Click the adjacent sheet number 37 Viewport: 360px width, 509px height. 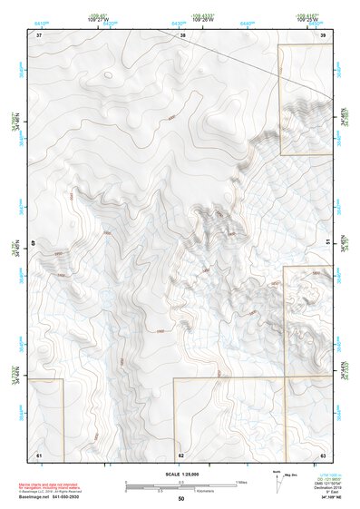(x=39, y=34)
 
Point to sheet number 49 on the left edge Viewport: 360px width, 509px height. (x=34, y=242)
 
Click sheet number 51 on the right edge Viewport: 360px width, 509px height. (x=327, y=242)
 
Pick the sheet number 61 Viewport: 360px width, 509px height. (x=39, y=454)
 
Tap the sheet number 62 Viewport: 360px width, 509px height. (x=181, y=454)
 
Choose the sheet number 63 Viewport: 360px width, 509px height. (x=323, y=454)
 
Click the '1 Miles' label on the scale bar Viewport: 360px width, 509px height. (x=242, y=481)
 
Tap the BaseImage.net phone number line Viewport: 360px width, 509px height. (x=54, y=495)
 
